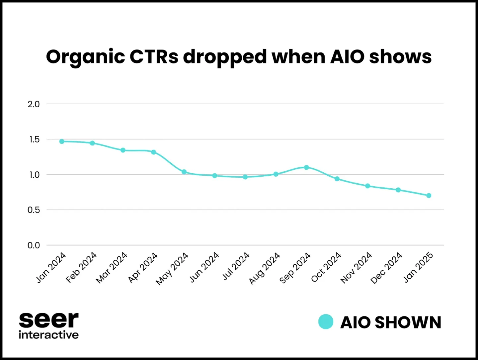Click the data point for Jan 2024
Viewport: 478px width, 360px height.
point(62,141)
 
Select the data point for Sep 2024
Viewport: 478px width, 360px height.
point(306,167)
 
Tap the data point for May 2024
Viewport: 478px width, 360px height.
point(184,172)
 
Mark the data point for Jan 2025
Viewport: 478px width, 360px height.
point(429,196)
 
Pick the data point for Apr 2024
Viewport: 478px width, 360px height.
point(153,152)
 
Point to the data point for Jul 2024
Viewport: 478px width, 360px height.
point(245,177)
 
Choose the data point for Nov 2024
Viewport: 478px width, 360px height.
point(367,186)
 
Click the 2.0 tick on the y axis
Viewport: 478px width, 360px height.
point(34,104)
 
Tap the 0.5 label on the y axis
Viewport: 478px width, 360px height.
point(34,210)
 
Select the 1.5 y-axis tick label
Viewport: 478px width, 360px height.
point(34,139)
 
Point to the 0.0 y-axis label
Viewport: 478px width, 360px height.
point(34,245)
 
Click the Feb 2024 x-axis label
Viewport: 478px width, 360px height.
point(81,267)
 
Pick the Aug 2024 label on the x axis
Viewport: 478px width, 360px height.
point(265,268)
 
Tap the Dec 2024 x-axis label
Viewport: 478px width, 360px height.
point(387,268)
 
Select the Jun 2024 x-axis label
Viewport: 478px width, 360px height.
point(204,267)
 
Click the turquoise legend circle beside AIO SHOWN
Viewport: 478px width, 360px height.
point(326,322)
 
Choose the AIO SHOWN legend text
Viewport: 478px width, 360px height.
point(391,322)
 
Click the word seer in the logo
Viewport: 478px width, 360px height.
point(48,320)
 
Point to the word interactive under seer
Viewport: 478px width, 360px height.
point(48,335)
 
